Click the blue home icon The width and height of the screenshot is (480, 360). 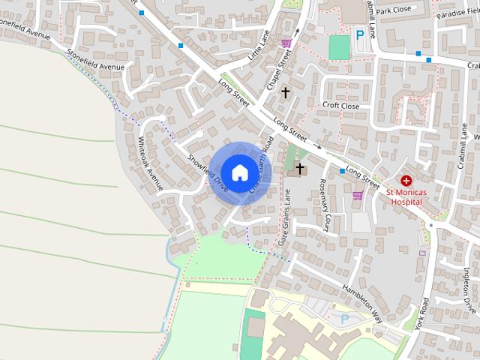tap(238, 172)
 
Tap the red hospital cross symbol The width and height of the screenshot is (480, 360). tap(406, 181)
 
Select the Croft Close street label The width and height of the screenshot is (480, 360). tap(341, 106)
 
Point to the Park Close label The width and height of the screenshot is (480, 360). tap(394, 11)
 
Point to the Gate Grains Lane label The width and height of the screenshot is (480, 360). tap(284, 218)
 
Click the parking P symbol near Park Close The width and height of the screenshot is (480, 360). tap(360, 34)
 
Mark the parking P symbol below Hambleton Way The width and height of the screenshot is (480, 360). tap(345, 319)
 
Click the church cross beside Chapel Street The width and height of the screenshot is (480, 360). tap(285, 91)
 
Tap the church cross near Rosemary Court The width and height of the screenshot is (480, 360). tap(300, 169)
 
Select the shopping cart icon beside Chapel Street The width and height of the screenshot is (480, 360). tap(286, 43)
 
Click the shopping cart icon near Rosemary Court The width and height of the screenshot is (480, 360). tap(358, 196)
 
